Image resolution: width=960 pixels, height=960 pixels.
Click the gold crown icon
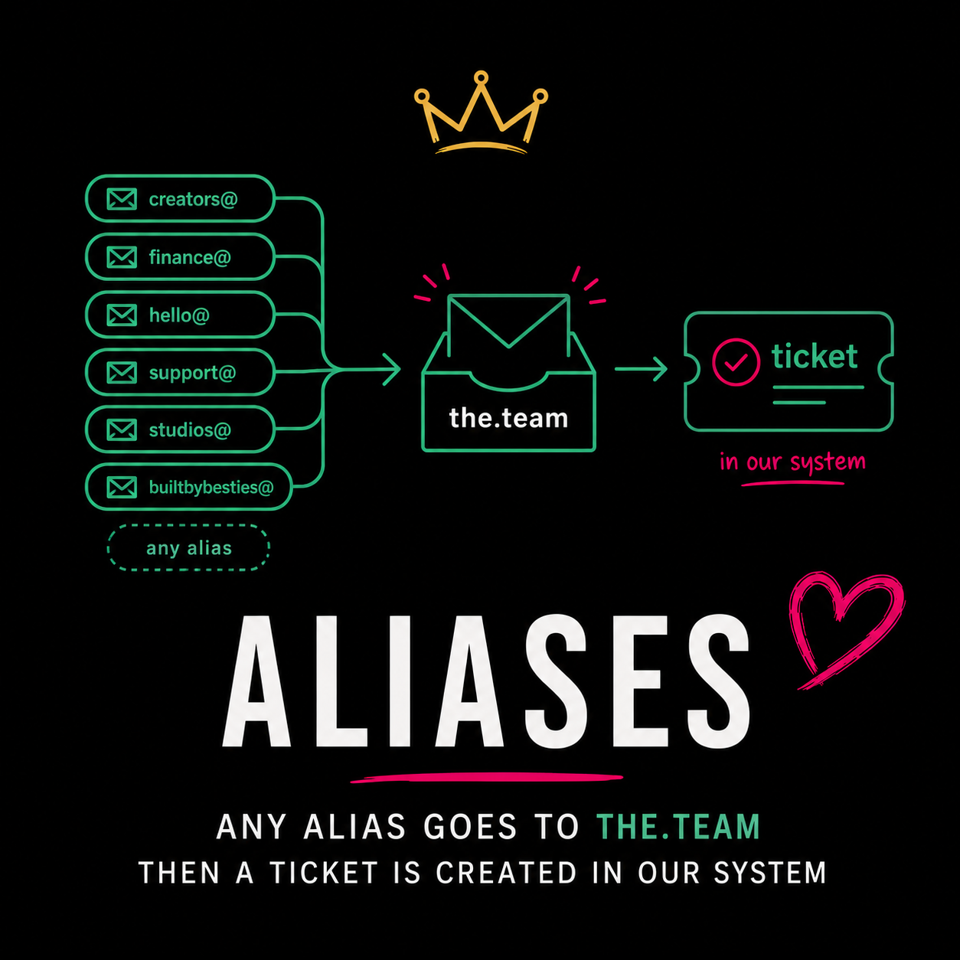(x=481, y=116)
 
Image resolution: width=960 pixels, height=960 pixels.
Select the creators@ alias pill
(x=180, y=198)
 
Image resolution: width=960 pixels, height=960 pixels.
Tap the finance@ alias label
(x=190, y=257)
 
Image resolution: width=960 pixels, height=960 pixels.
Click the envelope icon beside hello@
(x=122, y=315)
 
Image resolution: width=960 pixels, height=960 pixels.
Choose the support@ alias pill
(x=180, y=372)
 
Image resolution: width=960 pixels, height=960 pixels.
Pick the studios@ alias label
(x=190, y=430)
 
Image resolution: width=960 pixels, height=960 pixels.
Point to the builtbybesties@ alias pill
(x=189, y=487)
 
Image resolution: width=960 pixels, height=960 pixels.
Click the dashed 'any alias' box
(x=188, y=547)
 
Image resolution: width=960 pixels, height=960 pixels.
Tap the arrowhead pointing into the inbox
(x=392, y=369)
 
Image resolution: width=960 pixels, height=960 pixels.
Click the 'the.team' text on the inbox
(x=508, y=418)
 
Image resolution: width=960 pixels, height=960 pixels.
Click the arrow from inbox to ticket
(x=642, y=369)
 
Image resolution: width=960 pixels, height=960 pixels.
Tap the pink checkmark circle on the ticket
(x=736, y=362)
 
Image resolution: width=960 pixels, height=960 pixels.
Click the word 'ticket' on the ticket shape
(x=815, y=356)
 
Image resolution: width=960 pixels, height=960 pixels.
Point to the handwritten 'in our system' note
(x=792, y=462)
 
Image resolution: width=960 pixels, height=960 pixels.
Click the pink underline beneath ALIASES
(x=487, y=778)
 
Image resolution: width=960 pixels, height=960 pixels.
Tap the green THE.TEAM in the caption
(x=678, y=828)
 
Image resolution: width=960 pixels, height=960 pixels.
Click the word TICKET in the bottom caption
(x=324, y=873)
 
